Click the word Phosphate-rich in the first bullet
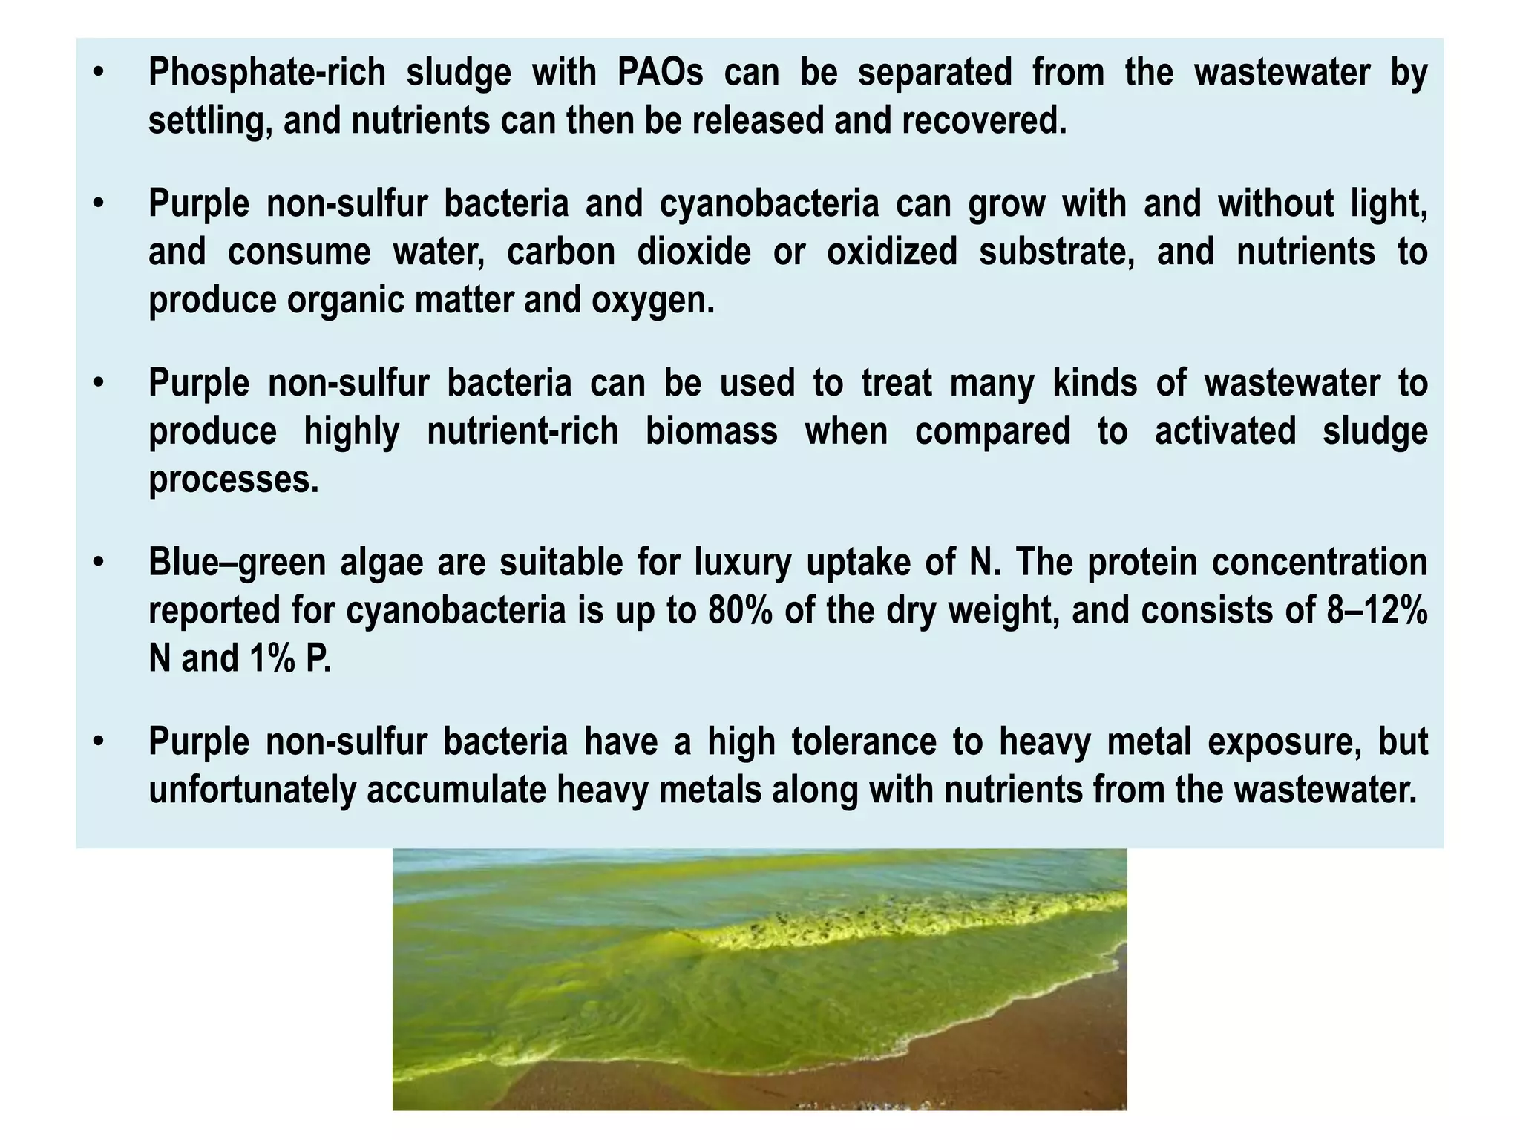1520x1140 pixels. pos(267,73)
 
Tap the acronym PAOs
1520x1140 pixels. pos(660,73)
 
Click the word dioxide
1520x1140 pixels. pos(694,252)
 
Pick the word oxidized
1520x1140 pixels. pos(892,252)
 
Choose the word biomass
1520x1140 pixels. pos(711,431)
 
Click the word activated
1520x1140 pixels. pos(1225,431)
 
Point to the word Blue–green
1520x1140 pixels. pos(237,562)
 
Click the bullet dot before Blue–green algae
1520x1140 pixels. pos(99,562)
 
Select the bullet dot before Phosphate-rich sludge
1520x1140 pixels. pos(99,73)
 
